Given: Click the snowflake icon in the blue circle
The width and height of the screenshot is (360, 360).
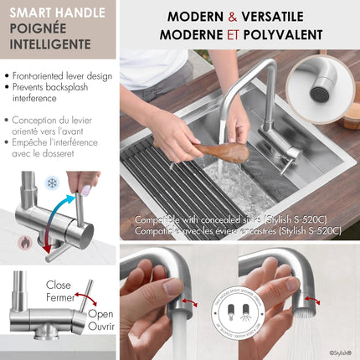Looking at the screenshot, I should click(x=53, y=183).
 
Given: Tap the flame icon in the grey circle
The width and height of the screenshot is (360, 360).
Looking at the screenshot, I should click(x=25, y=242).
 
